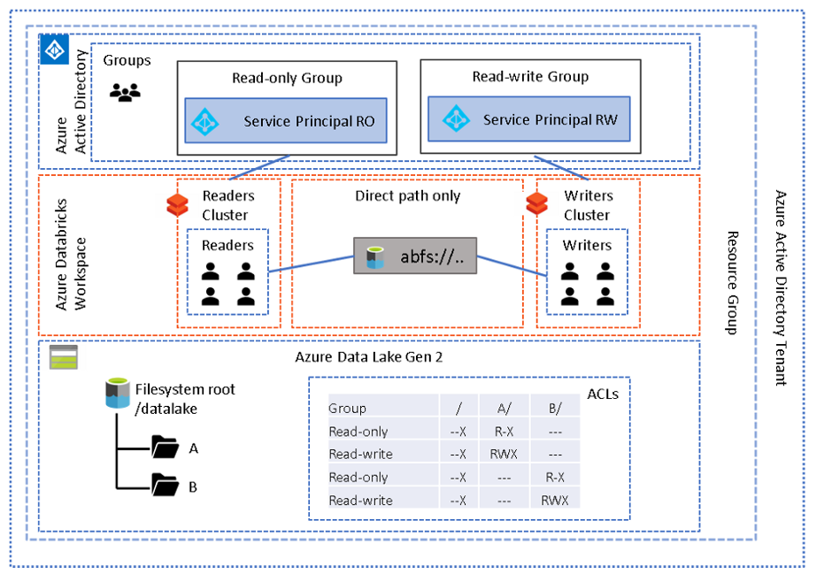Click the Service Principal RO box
click(x=286, y=121)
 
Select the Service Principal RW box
click(x=528, y=119)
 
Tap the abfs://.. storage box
click(x=415, y=256)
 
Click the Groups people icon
click(x=125, y=92)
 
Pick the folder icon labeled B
click(x=165, y=485)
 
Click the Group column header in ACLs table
click(x=347, y=409)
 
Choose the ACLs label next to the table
click(x=603, y=394)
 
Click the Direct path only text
click(x=407, y=195)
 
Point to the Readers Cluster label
click(x=227, y=205)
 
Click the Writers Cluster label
click(x=587, y=205)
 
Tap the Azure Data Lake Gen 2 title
click(x=368, y=357)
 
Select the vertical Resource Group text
click(x=732, y=283)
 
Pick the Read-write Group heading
click(x=529, y=77)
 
